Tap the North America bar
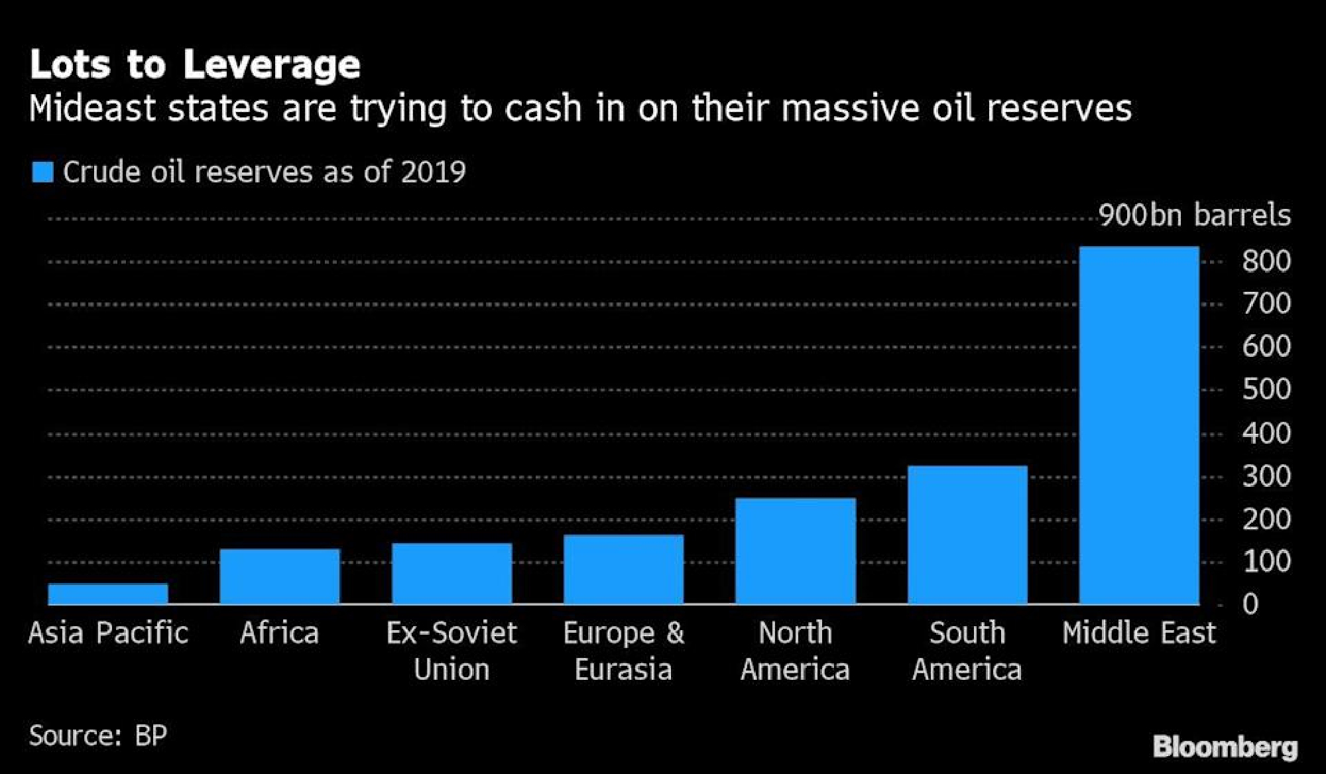(796, 551)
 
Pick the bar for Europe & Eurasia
(623, 570)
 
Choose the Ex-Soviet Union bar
(452, 574)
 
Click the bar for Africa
(280, 576)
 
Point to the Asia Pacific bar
(108, 594)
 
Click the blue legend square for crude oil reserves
(42, 172)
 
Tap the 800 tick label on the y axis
(1266, 261)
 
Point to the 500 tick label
(1266, 389)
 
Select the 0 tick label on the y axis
(1250, 604)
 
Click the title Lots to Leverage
(195, 65)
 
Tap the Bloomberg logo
(1225, 747)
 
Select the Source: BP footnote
(98, 736)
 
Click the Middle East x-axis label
(1139, 633)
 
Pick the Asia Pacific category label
(108, 633)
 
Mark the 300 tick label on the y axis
(1266, 476)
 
